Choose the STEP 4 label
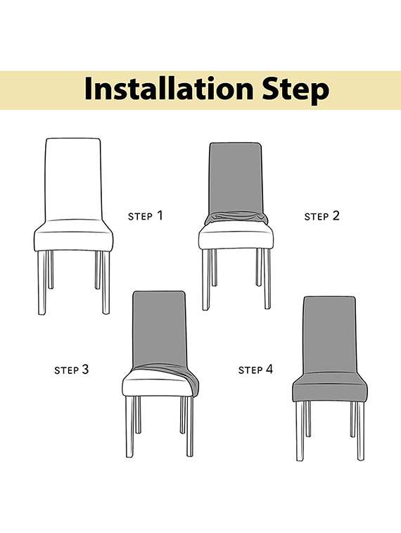pos(255,369)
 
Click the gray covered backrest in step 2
pos(236,176)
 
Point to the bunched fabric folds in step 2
pos(236,218)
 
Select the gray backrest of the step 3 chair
pos(160,327)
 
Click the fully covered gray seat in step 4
pos(329,387)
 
